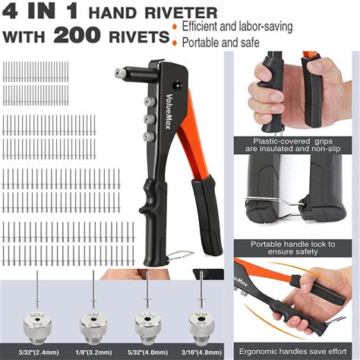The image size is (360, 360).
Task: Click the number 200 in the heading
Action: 77,35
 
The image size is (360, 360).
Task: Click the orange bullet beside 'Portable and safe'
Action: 174,43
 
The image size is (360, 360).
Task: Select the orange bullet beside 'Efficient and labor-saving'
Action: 174,27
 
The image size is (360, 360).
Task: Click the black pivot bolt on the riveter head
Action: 178,85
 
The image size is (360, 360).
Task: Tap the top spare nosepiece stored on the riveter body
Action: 150,102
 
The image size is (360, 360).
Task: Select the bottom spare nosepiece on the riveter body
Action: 149,137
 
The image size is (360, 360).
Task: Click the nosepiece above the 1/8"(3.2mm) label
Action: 93,327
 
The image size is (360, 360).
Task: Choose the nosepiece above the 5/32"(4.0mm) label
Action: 147,327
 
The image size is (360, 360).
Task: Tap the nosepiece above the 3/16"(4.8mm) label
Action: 202,327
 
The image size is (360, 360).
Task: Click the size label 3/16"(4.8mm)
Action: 201,352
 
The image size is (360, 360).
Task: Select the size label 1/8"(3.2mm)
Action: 93,352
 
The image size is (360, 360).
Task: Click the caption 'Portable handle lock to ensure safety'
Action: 293,248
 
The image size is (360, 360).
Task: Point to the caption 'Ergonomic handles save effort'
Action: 292,352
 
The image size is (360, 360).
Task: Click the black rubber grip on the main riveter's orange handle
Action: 206,216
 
